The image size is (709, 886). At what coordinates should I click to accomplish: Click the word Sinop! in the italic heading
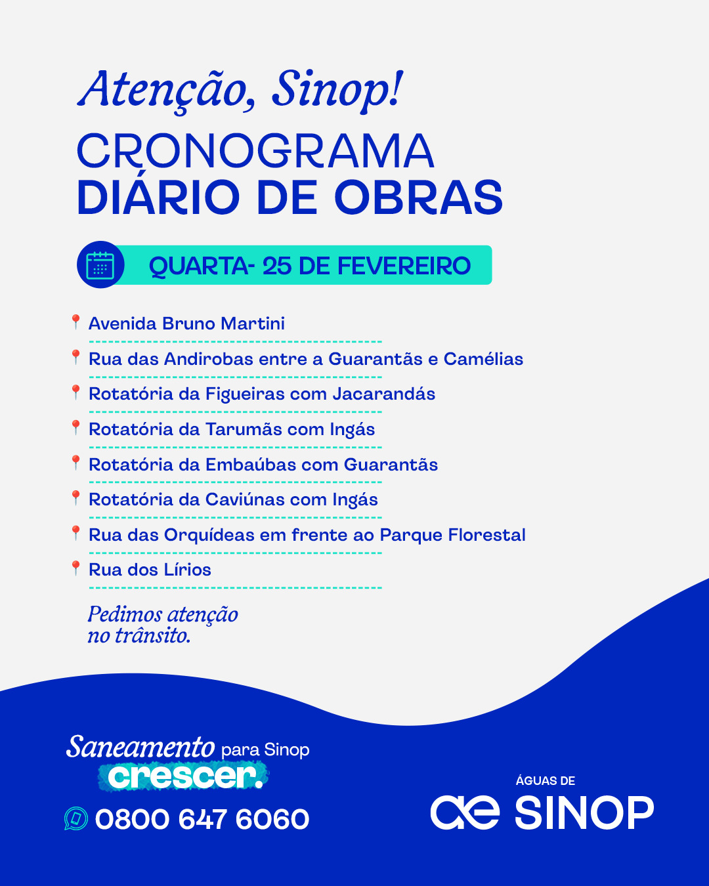(337, 90)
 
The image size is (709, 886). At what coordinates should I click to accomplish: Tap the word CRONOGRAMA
(255, 152)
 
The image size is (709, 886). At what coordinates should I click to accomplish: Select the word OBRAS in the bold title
(418, 198)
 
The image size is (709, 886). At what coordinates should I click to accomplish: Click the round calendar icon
(100, 265)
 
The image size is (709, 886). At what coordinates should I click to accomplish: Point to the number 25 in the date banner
(276, 266)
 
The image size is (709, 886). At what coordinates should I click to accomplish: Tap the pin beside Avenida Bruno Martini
(75, 322)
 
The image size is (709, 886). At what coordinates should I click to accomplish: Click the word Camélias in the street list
(483, 359)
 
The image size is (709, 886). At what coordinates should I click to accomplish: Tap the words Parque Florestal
(452, 535)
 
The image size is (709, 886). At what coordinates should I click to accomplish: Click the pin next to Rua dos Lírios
(75, 568)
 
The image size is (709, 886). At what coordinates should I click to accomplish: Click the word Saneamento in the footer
(140, 748)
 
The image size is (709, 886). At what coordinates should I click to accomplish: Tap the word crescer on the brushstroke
(183, 776)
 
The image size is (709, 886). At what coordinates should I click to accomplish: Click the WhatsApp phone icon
(76, 818)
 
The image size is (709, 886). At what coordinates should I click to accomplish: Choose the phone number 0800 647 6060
(202, 819)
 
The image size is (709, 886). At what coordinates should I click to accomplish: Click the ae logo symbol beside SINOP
(465, 812)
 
